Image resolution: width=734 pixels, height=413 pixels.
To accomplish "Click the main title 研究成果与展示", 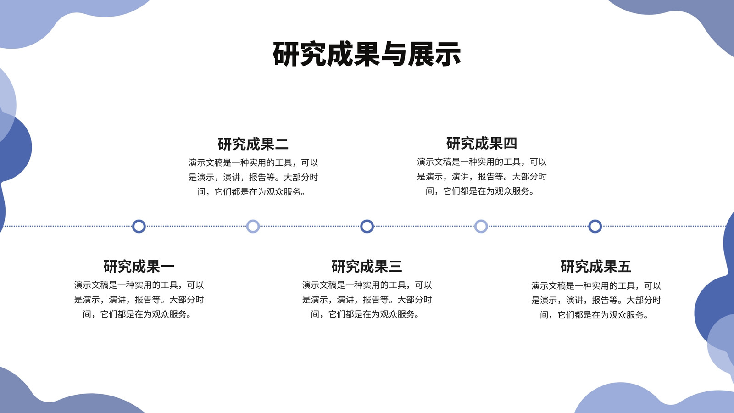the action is coord(367,54).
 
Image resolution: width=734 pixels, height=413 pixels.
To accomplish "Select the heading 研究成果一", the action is coord(139,267).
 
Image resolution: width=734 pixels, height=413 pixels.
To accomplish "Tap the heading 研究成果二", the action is coord(253,144).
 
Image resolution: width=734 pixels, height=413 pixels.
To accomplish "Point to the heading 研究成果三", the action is coord(367,267).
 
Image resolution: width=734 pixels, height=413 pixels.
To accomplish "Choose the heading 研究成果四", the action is coord(482,143).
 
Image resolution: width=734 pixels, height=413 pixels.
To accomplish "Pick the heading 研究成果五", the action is coord(596,267).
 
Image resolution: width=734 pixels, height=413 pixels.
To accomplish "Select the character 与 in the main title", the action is coord(394,54).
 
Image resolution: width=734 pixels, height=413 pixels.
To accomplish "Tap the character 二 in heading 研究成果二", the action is coord(282,145).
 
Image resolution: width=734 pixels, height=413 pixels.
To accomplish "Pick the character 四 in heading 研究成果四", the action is coord(510,144).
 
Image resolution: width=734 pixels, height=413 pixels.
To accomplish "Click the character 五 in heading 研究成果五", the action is coord(624,267).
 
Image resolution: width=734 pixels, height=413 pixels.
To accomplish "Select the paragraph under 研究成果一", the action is coord(139,300).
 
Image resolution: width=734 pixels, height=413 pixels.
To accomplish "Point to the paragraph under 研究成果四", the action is coord(482,176).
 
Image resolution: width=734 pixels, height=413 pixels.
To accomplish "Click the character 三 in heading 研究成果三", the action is coord(395,267).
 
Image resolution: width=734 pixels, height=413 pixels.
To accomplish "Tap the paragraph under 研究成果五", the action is coord(596,300).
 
